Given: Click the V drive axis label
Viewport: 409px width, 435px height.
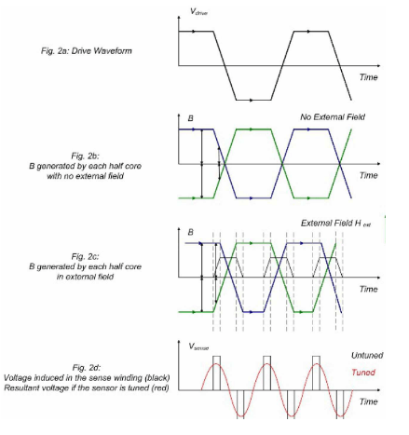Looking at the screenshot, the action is click(x=198, y=12).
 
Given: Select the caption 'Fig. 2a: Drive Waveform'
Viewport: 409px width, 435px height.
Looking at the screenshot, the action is click(x=87, y=51).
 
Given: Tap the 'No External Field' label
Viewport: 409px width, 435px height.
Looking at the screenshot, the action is click(x=333, y=117).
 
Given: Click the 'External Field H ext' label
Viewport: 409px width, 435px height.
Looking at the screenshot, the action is click(x=335, y=224).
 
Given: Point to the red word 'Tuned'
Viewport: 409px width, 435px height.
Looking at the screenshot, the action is click(x=363, y=372).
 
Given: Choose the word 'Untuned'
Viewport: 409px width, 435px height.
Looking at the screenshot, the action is click(x=367, y=355).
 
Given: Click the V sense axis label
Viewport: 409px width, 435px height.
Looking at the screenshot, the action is click(x=198, y=347).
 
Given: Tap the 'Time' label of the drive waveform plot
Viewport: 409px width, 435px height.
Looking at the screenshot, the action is click(x=369, y=77).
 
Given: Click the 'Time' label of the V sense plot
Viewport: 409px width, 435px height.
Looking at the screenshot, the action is click(x=369, y=401).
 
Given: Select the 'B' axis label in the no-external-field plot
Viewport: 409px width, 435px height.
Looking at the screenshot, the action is click(x=191, y=118).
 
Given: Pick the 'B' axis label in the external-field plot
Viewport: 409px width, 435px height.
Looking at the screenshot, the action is click(x=191, y=232).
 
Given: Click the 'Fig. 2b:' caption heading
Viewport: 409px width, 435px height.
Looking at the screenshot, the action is click(x=86, y=156).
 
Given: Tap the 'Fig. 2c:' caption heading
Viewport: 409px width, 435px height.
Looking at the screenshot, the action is click(x=86, y=256).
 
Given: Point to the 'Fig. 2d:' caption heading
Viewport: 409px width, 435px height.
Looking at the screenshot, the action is click(x=87, y=368).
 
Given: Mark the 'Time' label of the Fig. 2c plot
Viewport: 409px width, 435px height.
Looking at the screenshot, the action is click(x=369, y=289).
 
